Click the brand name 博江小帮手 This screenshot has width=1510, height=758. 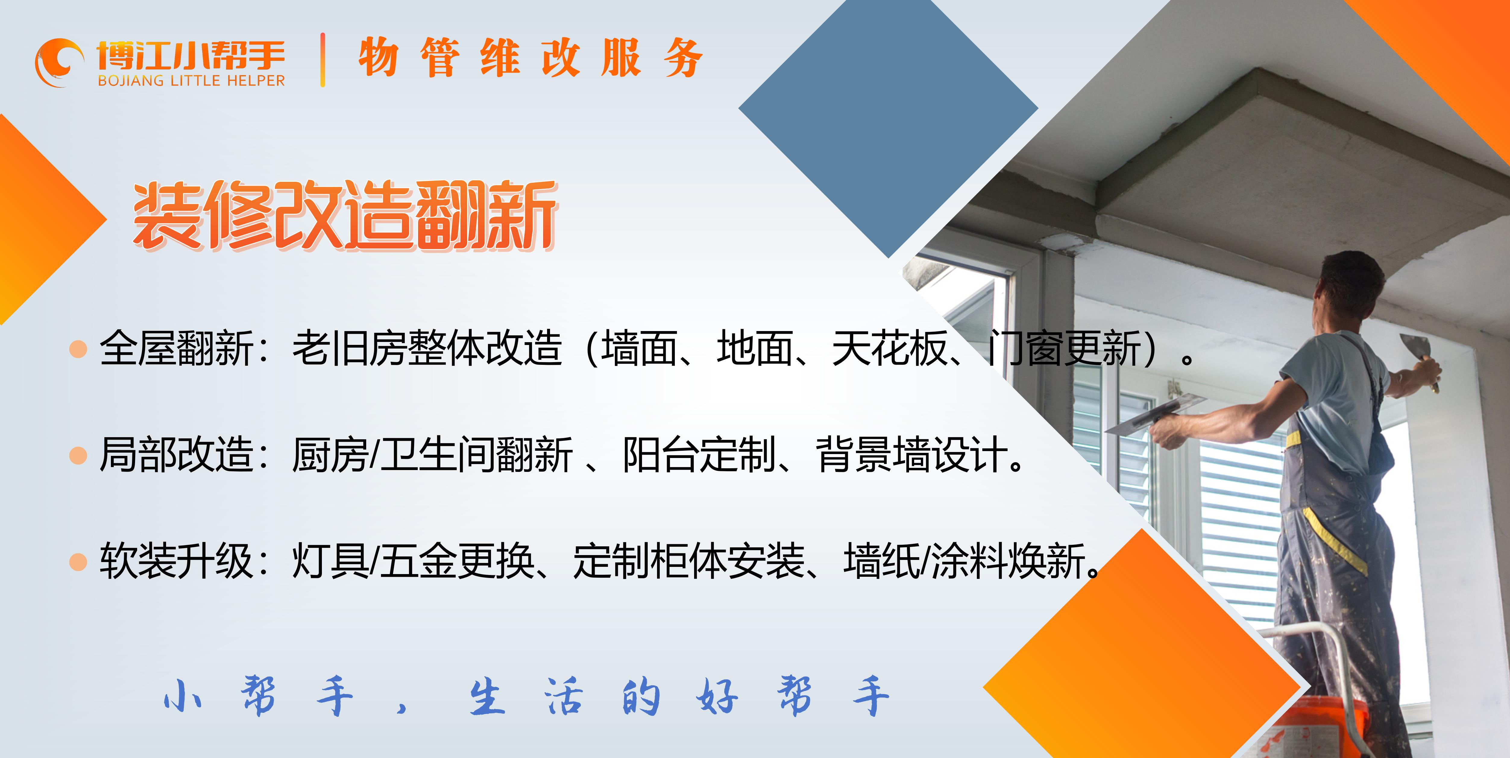(191, 55)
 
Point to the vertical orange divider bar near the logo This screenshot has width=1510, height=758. (322, 60)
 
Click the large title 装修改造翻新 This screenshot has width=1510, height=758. (345, 216)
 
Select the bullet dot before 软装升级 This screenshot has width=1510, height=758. (78, 562)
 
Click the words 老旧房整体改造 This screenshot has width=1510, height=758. (427, 348)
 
